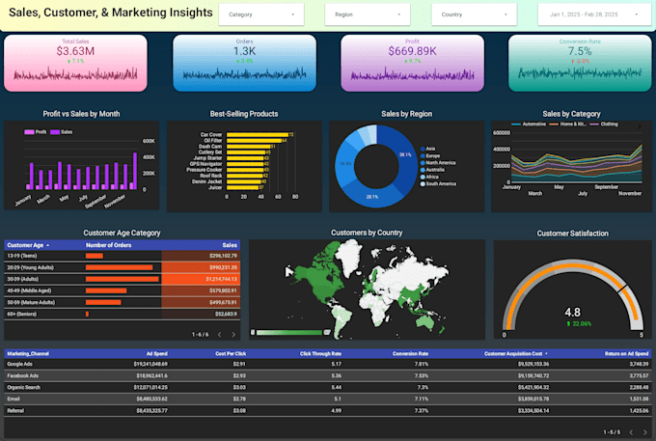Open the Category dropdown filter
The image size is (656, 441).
pos(260,14)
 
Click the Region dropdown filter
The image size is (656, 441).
pos(368,14)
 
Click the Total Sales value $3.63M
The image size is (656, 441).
pos(76,50)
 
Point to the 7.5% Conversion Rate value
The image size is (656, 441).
pos(580,51)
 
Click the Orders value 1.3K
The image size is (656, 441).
pos(245,51)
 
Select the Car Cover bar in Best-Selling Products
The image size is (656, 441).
pos(257,134)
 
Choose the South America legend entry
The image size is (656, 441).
pos(440,182)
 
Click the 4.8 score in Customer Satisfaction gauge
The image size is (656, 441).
pos(572,312)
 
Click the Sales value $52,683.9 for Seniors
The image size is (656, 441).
pos(222,313)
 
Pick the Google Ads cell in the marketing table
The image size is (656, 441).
pos(23,364)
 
